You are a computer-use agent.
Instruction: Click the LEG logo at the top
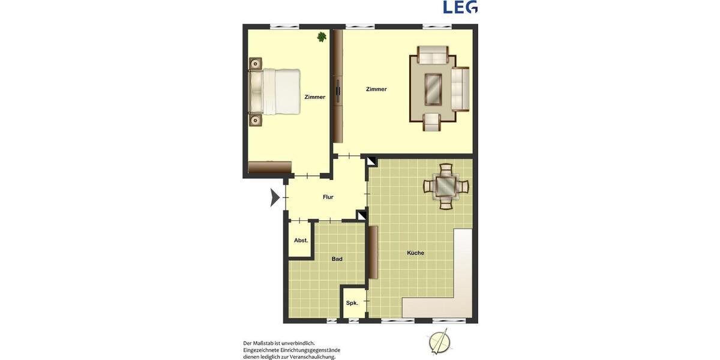[460, 7]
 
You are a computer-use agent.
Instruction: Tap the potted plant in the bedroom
[322, 37]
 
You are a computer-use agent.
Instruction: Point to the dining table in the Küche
[446, 186]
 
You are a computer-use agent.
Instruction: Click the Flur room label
[328, 197]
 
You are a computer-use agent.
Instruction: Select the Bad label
[337, 259]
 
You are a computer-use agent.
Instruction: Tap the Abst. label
[301, 241]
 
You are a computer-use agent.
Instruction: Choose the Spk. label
[352, 303]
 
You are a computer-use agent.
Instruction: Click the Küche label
[415, 253]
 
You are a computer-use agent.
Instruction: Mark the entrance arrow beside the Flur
[275, 197]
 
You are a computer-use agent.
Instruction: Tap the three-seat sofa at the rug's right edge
[461, 89]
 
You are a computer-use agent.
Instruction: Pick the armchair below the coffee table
[432, 121]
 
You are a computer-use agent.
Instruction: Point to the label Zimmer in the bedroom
[315, 97]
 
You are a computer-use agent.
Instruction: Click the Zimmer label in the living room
[377, 89]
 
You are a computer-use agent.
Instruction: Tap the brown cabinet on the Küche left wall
[373, 253]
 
